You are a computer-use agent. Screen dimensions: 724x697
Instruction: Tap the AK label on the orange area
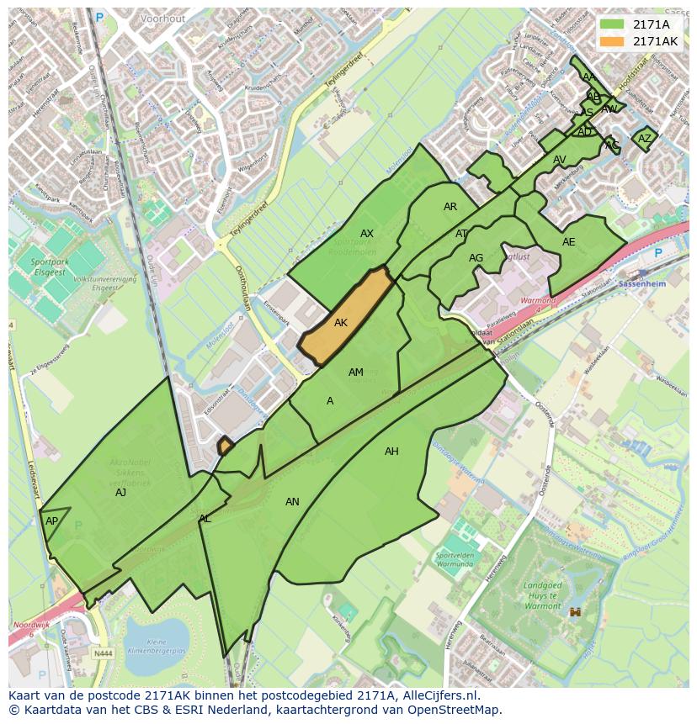click(x=341, y=323)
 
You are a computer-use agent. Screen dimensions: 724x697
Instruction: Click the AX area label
click(x=367, y=234)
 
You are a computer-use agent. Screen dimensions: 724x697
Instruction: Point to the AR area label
click(x=450, y=207)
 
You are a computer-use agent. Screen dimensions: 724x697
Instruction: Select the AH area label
click(x=391, y=452)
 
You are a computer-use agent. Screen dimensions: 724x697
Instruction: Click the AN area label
click(x=292, y=502)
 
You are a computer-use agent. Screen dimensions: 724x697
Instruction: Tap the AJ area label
click(x=120, y=493)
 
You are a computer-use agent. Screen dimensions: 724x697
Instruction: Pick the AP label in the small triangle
click(x=52, y=521)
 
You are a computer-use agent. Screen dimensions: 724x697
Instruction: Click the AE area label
click(x=569, y=242)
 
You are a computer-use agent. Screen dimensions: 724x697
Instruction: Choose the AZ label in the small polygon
click(x=645, y=139)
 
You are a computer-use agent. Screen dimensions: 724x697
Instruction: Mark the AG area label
click(x=476, y=258)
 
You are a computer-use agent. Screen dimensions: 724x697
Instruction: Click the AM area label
click(x=356, y=373)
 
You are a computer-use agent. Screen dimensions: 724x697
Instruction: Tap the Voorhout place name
click(x=162, y=18)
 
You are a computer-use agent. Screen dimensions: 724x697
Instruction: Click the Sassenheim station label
click(x=641, y=285)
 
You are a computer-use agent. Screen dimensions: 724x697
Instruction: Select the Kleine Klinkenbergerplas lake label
click(x=157, y=646)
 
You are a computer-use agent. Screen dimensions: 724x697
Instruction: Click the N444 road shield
click(x=103, y=653)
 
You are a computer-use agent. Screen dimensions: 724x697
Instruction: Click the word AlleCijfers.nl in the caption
click(x=437, y=695)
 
